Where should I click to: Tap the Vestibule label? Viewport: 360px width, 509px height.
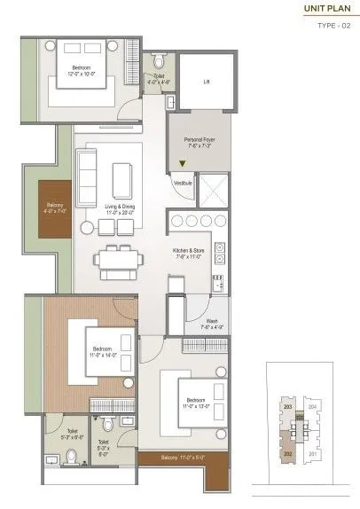[x=184, y=184]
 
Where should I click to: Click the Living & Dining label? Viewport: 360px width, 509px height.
[x=121, y=209]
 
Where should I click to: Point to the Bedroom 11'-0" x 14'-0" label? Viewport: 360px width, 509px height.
[x=102, y=352]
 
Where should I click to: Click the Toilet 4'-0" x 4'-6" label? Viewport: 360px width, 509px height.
[x=158, y=78]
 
